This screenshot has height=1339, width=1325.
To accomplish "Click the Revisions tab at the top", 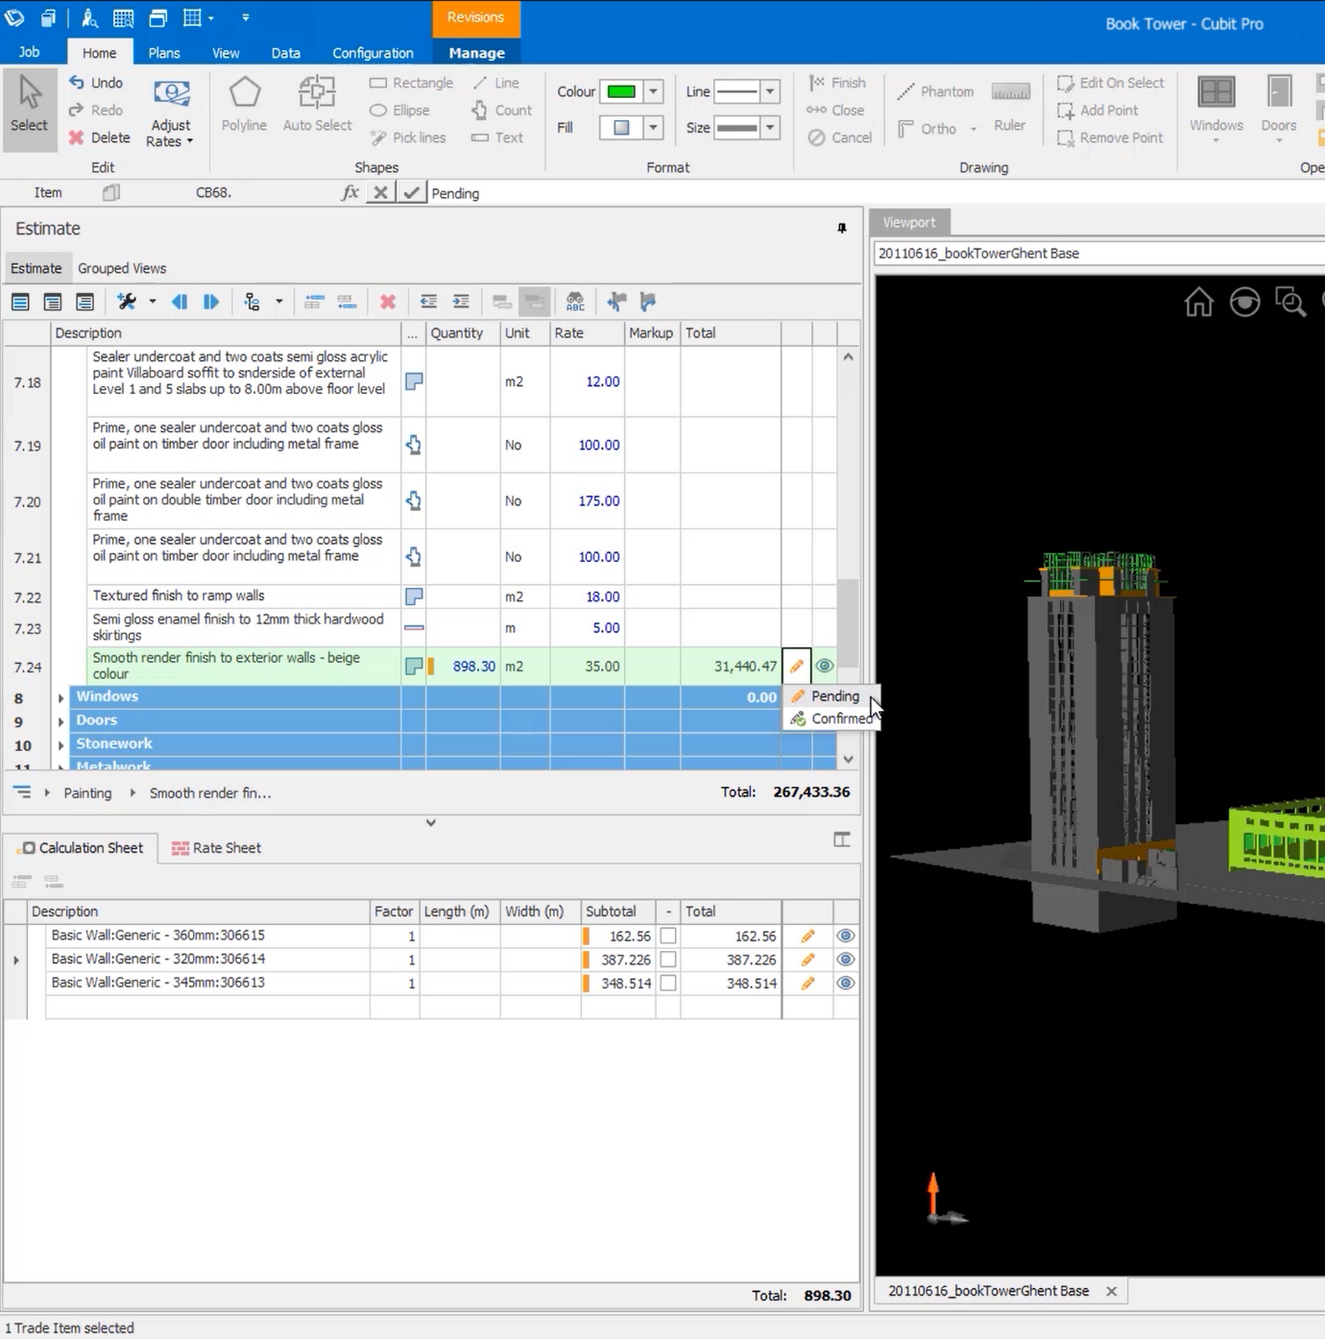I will (x=475, y=18).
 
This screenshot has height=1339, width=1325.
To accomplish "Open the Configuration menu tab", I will (x=373, y=53).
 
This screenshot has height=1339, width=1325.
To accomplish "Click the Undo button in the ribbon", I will (x=96, y=83).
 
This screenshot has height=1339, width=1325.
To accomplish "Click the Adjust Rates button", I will (x=171, y=113).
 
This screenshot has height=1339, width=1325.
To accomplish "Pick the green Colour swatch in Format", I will (x=621, y=92).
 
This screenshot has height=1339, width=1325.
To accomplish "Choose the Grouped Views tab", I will (x=122, y=268).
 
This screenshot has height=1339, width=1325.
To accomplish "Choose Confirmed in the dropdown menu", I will (x=840, y=718).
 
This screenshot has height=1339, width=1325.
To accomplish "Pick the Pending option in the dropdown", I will (x=834, y=696).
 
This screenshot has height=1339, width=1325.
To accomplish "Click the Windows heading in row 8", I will (x=108, y=696).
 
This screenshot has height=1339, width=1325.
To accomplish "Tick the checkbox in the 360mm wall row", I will (x=668, y=936).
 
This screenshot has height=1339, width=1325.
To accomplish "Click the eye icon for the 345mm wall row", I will (x=845, y=983).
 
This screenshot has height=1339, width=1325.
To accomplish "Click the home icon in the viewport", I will (x=1198, y=303).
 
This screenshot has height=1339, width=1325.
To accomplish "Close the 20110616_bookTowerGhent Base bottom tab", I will (x=1111, y=1291).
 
